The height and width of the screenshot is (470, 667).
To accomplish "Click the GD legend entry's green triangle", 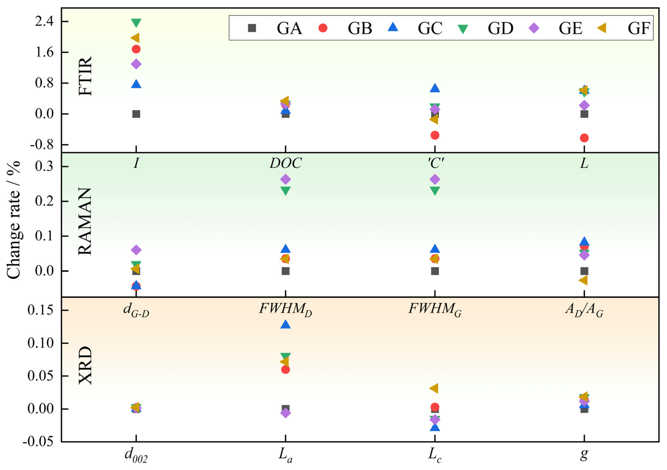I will click(x=463, y=28).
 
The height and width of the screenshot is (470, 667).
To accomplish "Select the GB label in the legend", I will click(x=360, y=28).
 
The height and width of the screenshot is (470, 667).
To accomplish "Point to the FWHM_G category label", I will click(x=435, y=309).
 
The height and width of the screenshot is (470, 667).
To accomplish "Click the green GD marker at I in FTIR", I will click(x=136, y=22).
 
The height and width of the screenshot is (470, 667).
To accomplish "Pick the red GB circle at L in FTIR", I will click(x=584, y=138).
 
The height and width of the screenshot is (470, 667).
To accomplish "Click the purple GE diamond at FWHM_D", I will click(x=285, y=179).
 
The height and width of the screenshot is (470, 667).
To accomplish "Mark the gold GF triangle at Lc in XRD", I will click(x=434, y=388).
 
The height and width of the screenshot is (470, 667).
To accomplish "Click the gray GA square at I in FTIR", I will click(x=136, y=114).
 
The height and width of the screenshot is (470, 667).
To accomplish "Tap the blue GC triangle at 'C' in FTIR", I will click(x=435, y=88).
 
